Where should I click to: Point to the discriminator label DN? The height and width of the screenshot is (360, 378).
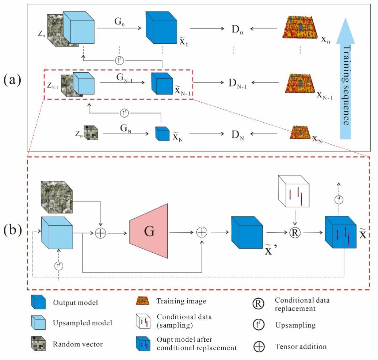pos(237,135)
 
